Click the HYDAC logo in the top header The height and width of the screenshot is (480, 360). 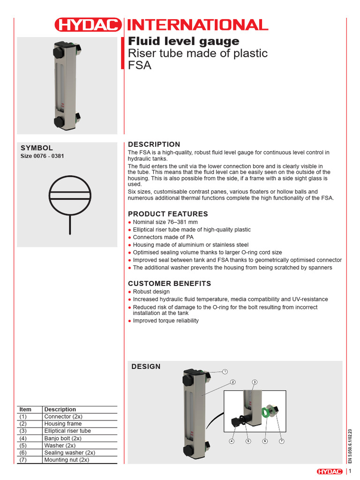pyautogui.click(x=88, y=25)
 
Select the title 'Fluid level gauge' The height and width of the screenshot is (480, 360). pyautogui.click(x=184, y=41)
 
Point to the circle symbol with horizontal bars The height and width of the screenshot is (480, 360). pyautogui.click(x=69, y=195)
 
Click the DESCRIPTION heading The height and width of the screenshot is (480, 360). pyautogui.click(x=154, y=144)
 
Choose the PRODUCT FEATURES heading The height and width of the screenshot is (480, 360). pyautogui.click(x=168, y=214)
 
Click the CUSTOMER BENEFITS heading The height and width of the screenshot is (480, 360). pyautogui.click(x=170, y=283)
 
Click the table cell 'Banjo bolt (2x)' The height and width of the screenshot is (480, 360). pyautogui.click(x=63, y=438)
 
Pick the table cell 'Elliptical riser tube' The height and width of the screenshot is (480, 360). pyautogui.click(x=67, y=431)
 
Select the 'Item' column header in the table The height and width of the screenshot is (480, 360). pyautogui.click(x=25, y=409)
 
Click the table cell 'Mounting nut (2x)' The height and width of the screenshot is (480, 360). pyautogui.click(x=66, y=460)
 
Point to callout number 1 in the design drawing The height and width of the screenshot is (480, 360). pyautogui.click(x=225, y=371)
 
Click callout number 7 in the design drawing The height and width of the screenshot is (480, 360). pyautogui.click(x=281, y=441)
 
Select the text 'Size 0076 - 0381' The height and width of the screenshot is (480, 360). pyautogui.click(x=42, y=156)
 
